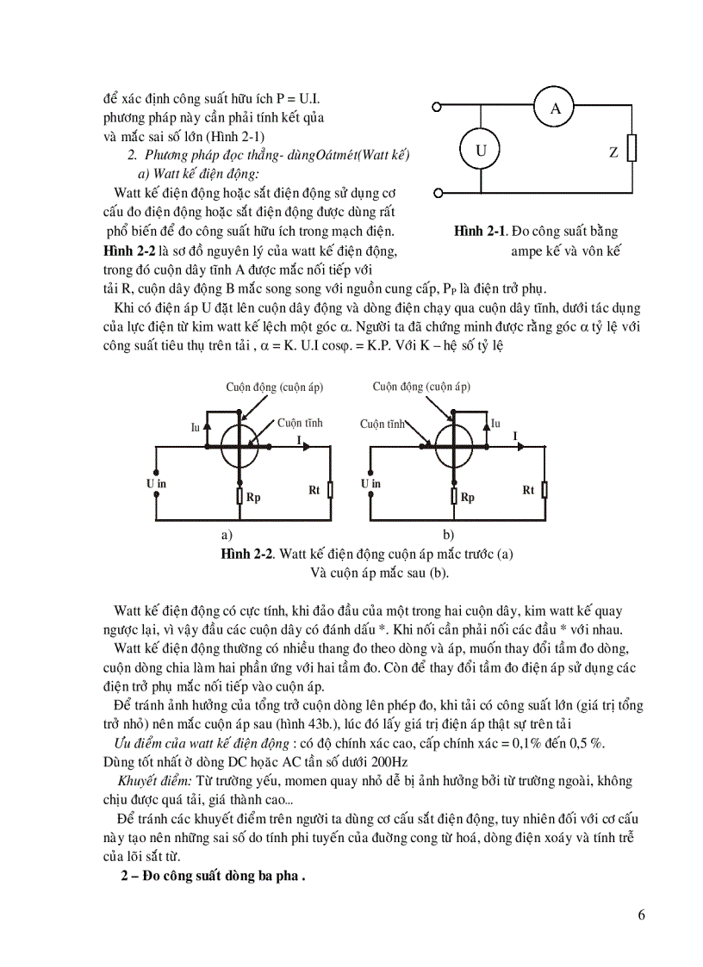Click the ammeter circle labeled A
pyautogui.click(x=556, y=108)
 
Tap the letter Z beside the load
pyautogui.click(x=613, y=153)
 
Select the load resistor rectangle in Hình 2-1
pyautogui.click(x=632, y=149)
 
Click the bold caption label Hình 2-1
pyautogui.click(x=478, y=232)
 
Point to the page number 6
pyautogui.click(x=641, y=914)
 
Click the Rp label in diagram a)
pyautogui.click(x=253, y=498)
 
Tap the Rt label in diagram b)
pyautogui.click(x=529, y=490)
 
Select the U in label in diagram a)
pyautogui.click(x=155, y=483)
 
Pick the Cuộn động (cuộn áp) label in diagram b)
pyautogui.click(x=422, y=387)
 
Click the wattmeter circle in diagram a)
pyautogui.click(x=240, y=445)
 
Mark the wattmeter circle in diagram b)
pyautogui.click(x=454, y=445)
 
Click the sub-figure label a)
pyautogui.click(x=227, y=534)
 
